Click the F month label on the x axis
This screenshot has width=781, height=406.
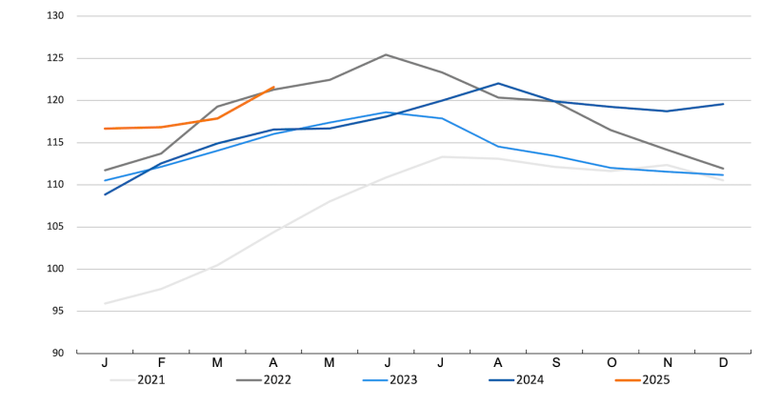pos(161,363)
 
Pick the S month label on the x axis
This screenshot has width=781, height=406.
pos(554,363)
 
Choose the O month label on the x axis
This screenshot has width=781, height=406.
pos(611,363)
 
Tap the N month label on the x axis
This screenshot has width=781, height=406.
pos(667,363)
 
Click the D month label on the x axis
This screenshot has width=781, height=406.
pos(723,363)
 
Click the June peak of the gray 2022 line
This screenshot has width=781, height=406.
pos(386,54)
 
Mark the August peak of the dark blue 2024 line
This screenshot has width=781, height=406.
pos(498,83)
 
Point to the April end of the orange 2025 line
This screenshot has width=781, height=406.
pos(273,88)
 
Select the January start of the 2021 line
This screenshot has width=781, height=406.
pos(105,303)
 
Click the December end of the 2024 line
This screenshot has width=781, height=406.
pos(723,104)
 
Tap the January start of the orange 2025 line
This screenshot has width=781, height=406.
pos(105,129)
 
